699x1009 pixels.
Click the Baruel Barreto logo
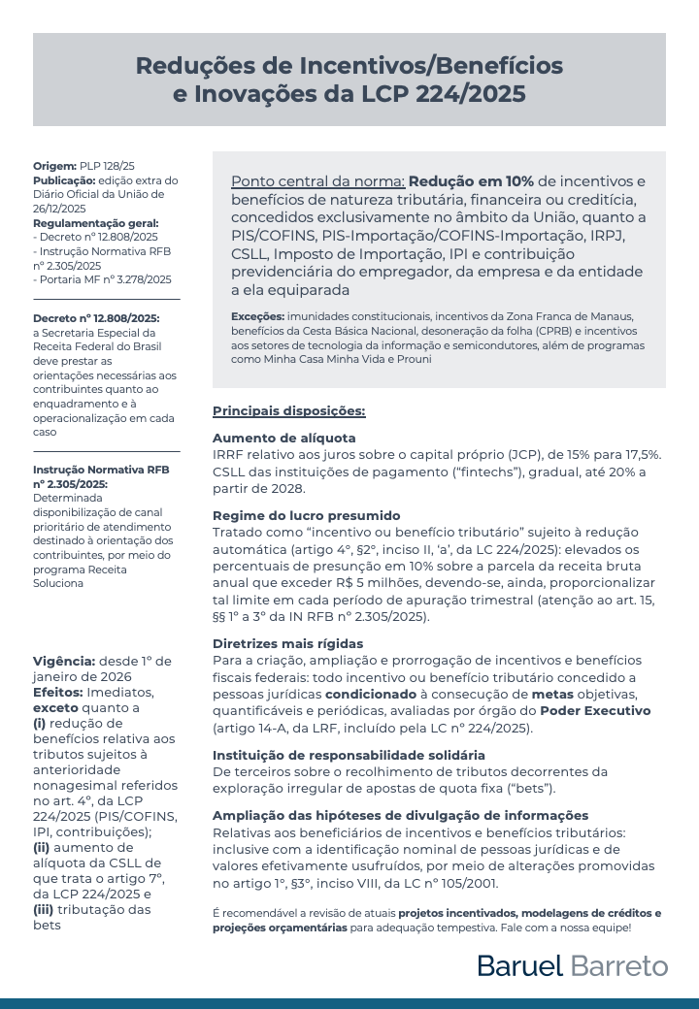[x=572, y=965]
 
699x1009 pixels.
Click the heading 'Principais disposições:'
[x=289, y=410]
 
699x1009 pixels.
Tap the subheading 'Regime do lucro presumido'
[x=306, y=515]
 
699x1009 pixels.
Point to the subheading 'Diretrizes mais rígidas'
[x=288, y=642]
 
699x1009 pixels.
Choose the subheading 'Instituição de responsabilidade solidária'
[x=349, y=755]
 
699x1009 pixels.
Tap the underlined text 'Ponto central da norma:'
[x=317, y=181]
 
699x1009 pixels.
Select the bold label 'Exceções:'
[x=258, y=317]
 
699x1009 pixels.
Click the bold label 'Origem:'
[x=54, y=167]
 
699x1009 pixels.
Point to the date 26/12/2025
[x=60, y=208]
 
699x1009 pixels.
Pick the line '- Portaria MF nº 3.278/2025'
[x=102, y=279]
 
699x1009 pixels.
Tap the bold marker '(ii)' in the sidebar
[x=48, y=846]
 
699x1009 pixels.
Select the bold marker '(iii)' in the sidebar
[x=50, y=908]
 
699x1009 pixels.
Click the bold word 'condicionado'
[x=370, y=695]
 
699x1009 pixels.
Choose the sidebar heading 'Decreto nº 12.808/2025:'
[x=96, y=317]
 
